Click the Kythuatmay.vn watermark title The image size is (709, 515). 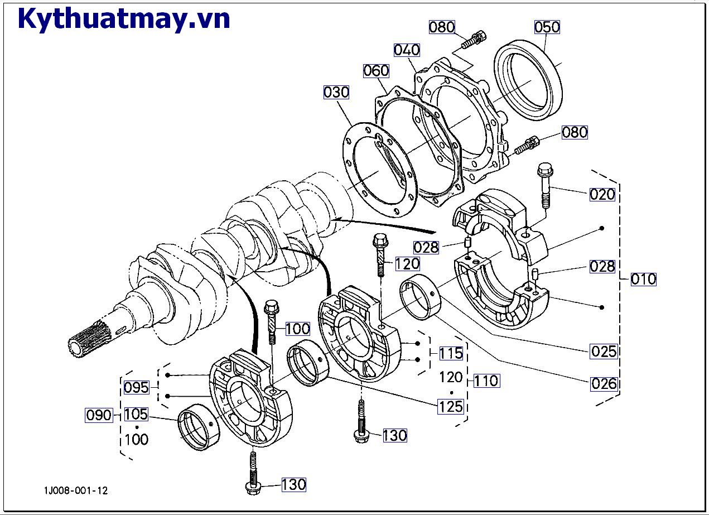124,18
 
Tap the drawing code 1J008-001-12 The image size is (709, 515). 76,490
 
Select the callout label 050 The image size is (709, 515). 547,27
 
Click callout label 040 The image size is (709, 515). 407,50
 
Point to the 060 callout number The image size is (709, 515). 376,71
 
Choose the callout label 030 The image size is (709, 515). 336,92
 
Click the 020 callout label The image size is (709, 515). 603,194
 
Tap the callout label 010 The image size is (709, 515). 643,279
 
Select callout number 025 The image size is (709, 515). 604,351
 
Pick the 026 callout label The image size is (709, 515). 604,383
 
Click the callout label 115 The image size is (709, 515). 451,353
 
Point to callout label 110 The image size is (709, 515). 486,381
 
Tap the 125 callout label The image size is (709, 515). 451,406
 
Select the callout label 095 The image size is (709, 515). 136,387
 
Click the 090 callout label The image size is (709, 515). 99,415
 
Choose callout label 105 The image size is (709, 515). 136,414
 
